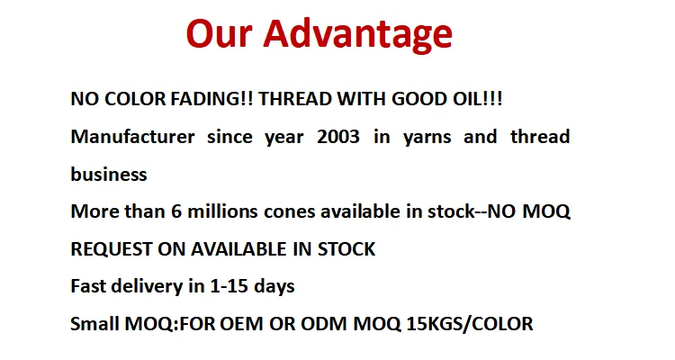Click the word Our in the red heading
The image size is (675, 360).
(219, 33)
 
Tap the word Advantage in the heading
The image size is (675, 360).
(357, 36)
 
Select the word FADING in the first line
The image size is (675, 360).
(205, 99)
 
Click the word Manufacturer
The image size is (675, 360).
(132, 137)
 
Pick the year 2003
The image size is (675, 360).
(338, 137)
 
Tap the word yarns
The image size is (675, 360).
(427, 138)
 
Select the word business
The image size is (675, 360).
(109, 174)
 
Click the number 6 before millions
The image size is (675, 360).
(176, 211)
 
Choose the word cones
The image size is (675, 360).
(289, 212)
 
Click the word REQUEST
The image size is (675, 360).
(111, 249)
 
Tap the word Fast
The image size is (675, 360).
(88, 286)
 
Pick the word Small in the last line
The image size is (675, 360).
(94, 324)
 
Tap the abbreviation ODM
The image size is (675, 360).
(323, 324)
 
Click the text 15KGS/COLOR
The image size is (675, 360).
(470, 324)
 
